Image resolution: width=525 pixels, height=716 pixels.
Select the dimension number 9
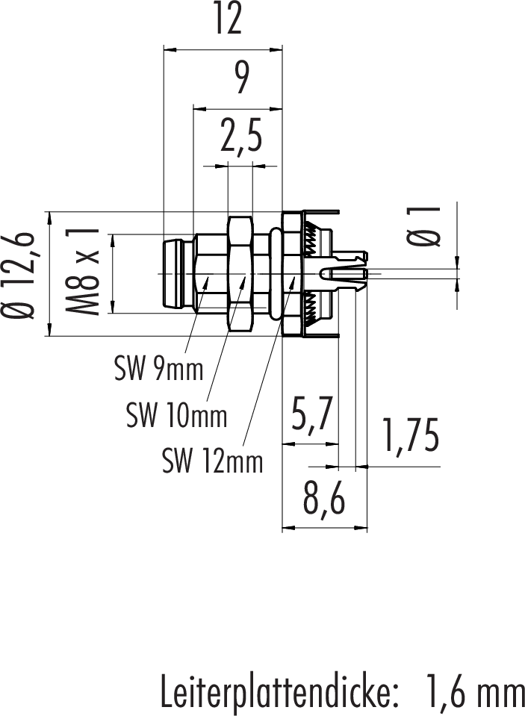240,78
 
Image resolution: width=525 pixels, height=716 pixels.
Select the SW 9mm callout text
158,367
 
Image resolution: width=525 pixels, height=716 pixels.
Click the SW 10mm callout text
176,414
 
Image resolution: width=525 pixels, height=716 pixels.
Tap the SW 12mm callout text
213,461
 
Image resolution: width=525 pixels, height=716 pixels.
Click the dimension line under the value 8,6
325,529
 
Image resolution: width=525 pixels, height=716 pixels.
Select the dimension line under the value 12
223,49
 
